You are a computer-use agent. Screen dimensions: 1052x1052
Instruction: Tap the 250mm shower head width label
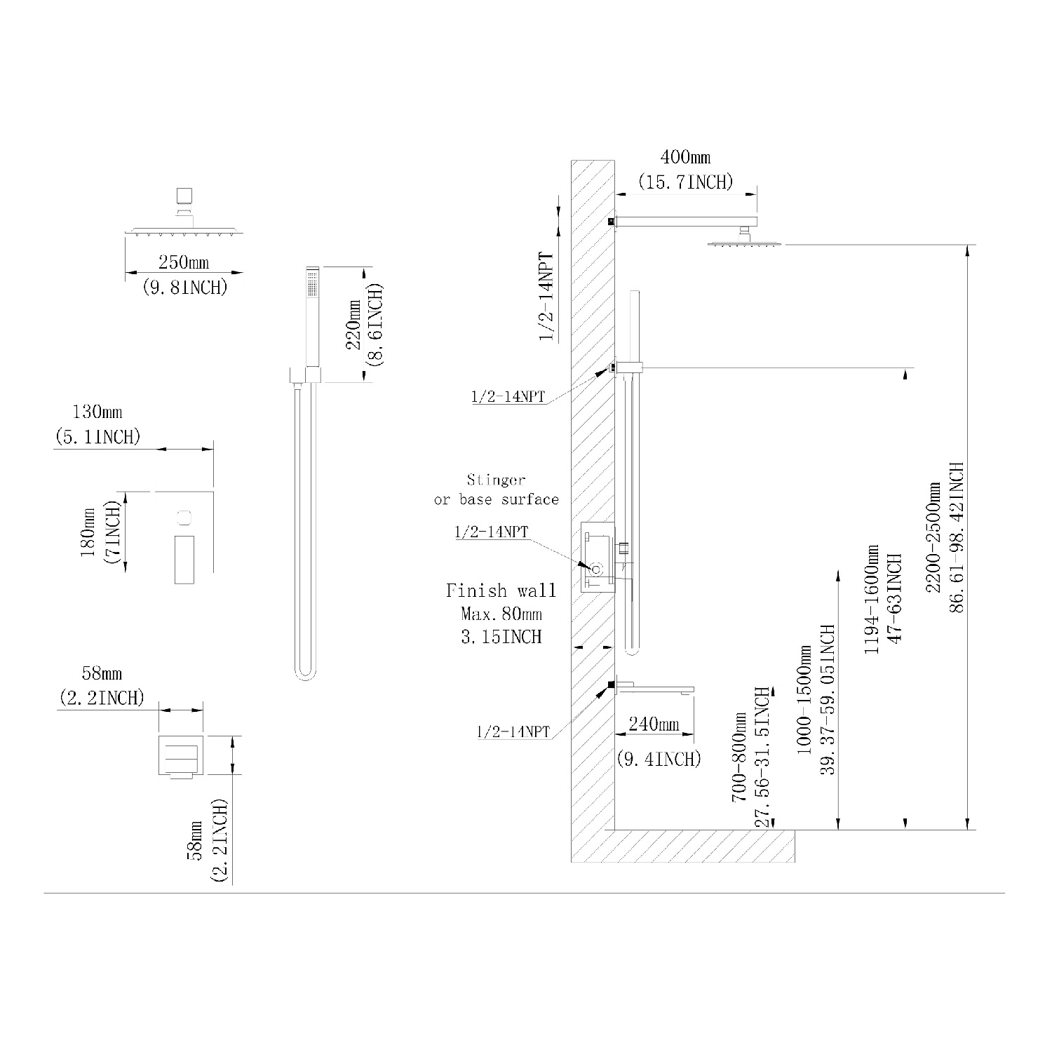tap(184, 263)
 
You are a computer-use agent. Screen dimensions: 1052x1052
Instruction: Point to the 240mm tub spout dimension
tap(654, 723)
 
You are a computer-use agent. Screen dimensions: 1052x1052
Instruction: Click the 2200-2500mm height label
tap(933, 537)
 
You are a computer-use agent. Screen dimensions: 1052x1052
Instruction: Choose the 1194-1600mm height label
tap(872, 600)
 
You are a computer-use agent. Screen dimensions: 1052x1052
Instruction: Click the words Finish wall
tap(501, 591)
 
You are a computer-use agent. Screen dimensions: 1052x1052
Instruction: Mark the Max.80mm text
tap(501, 614)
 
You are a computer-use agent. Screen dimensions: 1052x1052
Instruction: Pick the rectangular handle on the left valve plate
tap(184, 558)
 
